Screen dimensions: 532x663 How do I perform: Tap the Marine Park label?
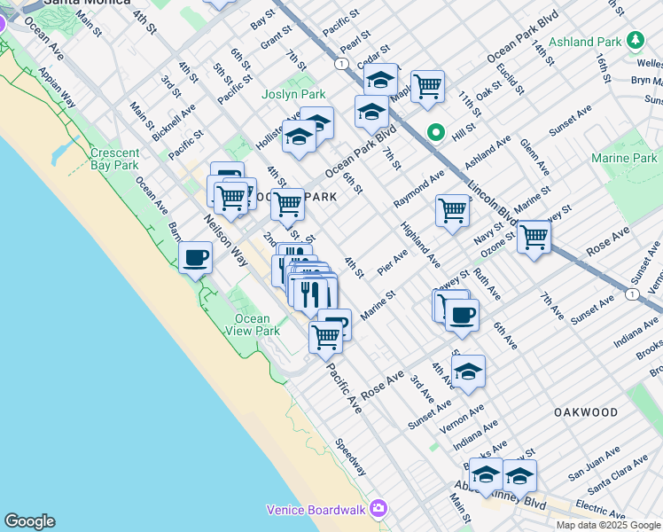point(624,159)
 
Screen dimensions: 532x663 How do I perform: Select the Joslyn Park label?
point(292,94)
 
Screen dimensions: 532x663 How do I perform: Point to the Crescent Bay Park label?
point(114,159)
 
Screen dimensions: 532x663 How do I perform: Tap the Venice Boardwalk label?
point(318,509)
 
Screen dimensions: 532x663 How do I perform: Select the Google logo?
point(29,521)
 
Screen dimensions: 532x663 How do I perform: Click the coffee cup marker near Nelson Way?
point(196,258)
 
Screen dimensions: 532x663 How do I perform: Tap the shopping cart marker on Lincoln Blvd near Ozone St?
point(534,237)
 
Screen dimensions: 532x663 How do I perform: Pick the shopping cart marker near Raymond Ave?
point(452,211)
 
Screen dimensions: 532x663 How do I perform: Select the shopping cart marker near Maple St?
point(427,86)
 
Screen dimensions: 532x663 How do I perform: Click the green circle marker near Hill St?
point(436,133)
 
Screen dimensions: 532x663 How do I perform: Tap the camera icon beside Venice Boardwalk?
point(379,508)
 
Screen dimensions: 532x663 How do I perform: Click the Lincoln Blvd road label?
point(492,203)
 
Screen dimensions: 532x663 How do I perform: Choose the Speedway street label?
point(352,457)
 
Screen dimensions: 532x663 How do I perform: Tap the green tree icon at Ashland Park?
point(636,41)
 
